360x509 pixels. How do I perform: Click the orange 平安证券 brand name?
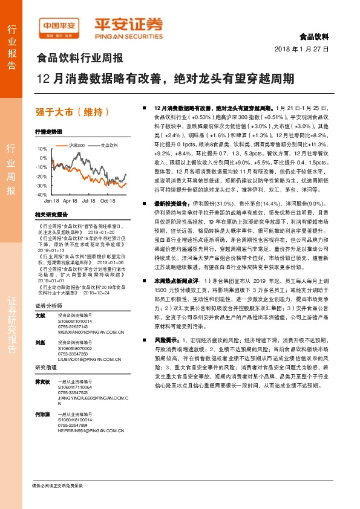128,24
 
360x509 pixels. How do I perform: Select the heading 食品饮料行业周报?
80,59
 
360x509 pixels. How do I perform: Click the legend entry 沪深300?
77,145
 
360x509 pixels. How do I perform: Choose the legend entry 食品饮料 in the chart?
109,145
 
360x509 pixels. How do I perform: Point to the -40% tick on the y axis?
41,195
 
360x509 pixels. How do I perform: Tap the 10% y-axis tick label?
42,148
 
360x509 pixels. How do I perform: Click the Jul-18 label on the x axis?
89,200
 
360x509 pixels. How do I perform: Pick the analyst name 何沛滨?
42,413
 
